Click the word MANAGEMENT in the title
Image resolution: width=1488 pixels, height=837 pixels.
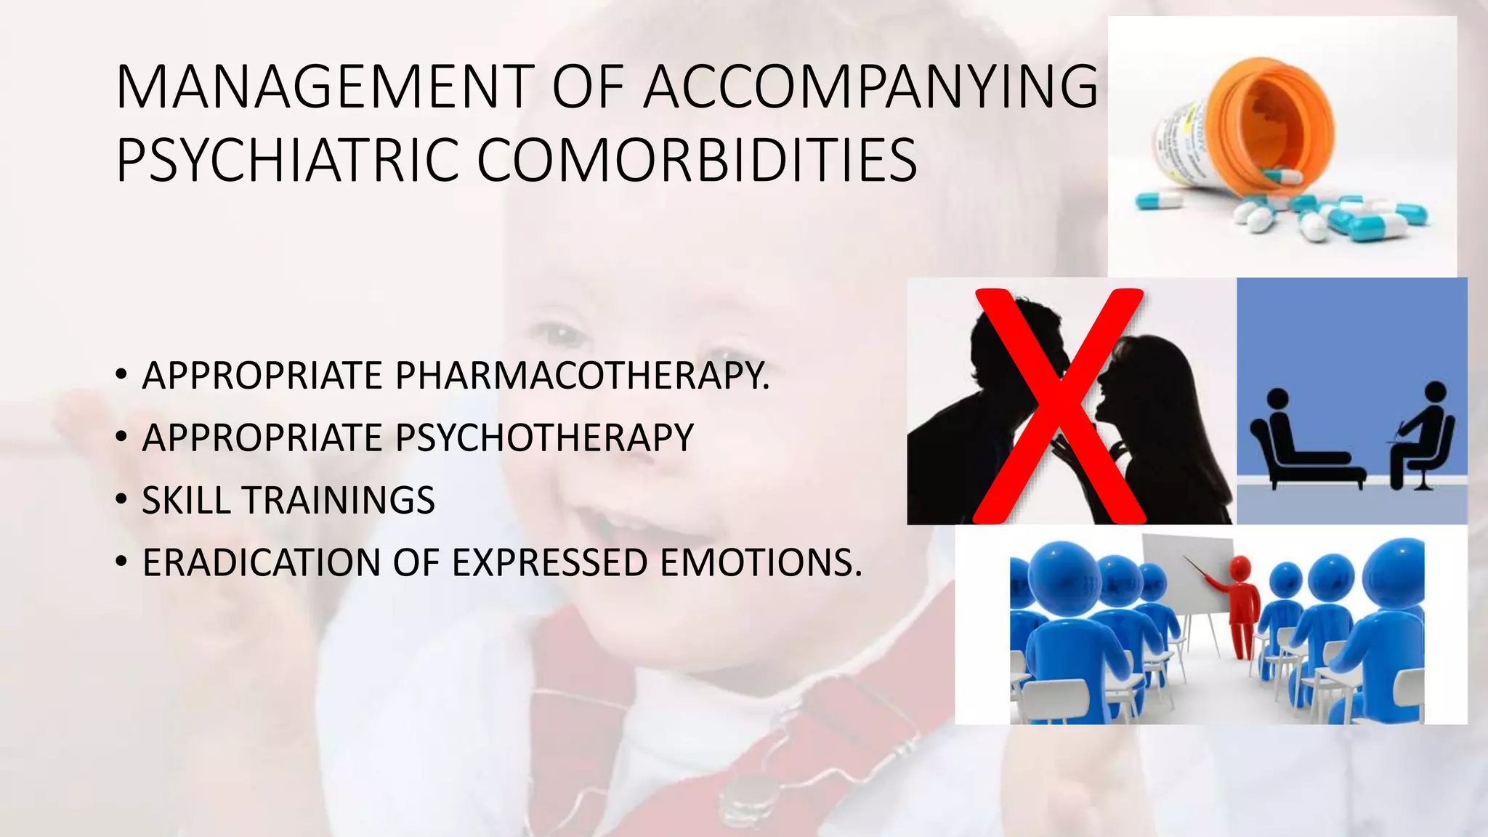(325, 87)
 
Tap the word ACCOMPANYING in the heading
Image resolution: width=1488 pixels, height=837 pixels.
(870, 87)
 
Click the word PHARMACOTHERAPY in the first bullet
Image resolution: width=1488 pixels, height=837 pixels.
(581, 376)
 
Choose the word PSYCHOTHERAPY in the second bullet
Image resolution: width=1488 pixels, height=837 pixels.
(544, 438)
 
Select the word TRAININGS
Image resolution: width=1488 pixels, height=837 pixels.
(339, 501)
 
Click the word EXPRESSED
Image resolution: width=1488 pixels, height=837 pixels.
(549, 563)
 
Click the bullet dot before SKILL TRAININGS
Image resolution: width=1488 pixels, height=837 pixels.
(121, 501)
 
